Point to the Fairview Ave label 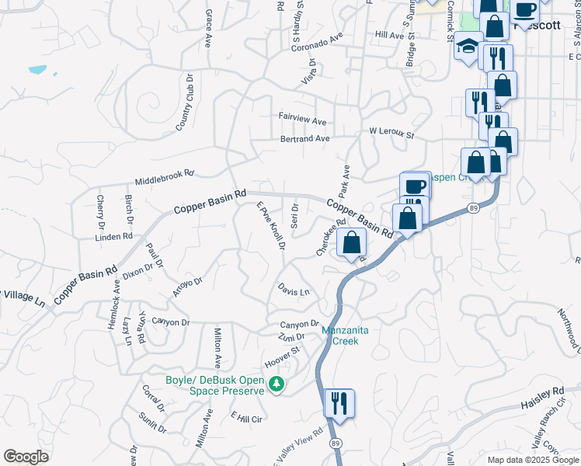(x=303, y=121)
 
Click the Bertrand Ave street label (x=305, y=139)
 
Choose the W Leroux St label (x=392, y=134)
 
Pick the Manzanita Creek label (x=340, y=336)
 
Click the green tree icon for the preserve (x=275, y=384)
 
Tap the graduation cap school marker (x=468, y=46)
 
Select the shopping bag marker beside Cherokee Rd (x=352, y=243)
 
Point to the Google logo (x=26, y=457)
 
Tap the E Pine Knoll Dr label (x=271, y=226)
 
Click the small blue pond (x=37, y=69)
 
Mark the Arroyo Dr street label (x=187, y=287)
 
